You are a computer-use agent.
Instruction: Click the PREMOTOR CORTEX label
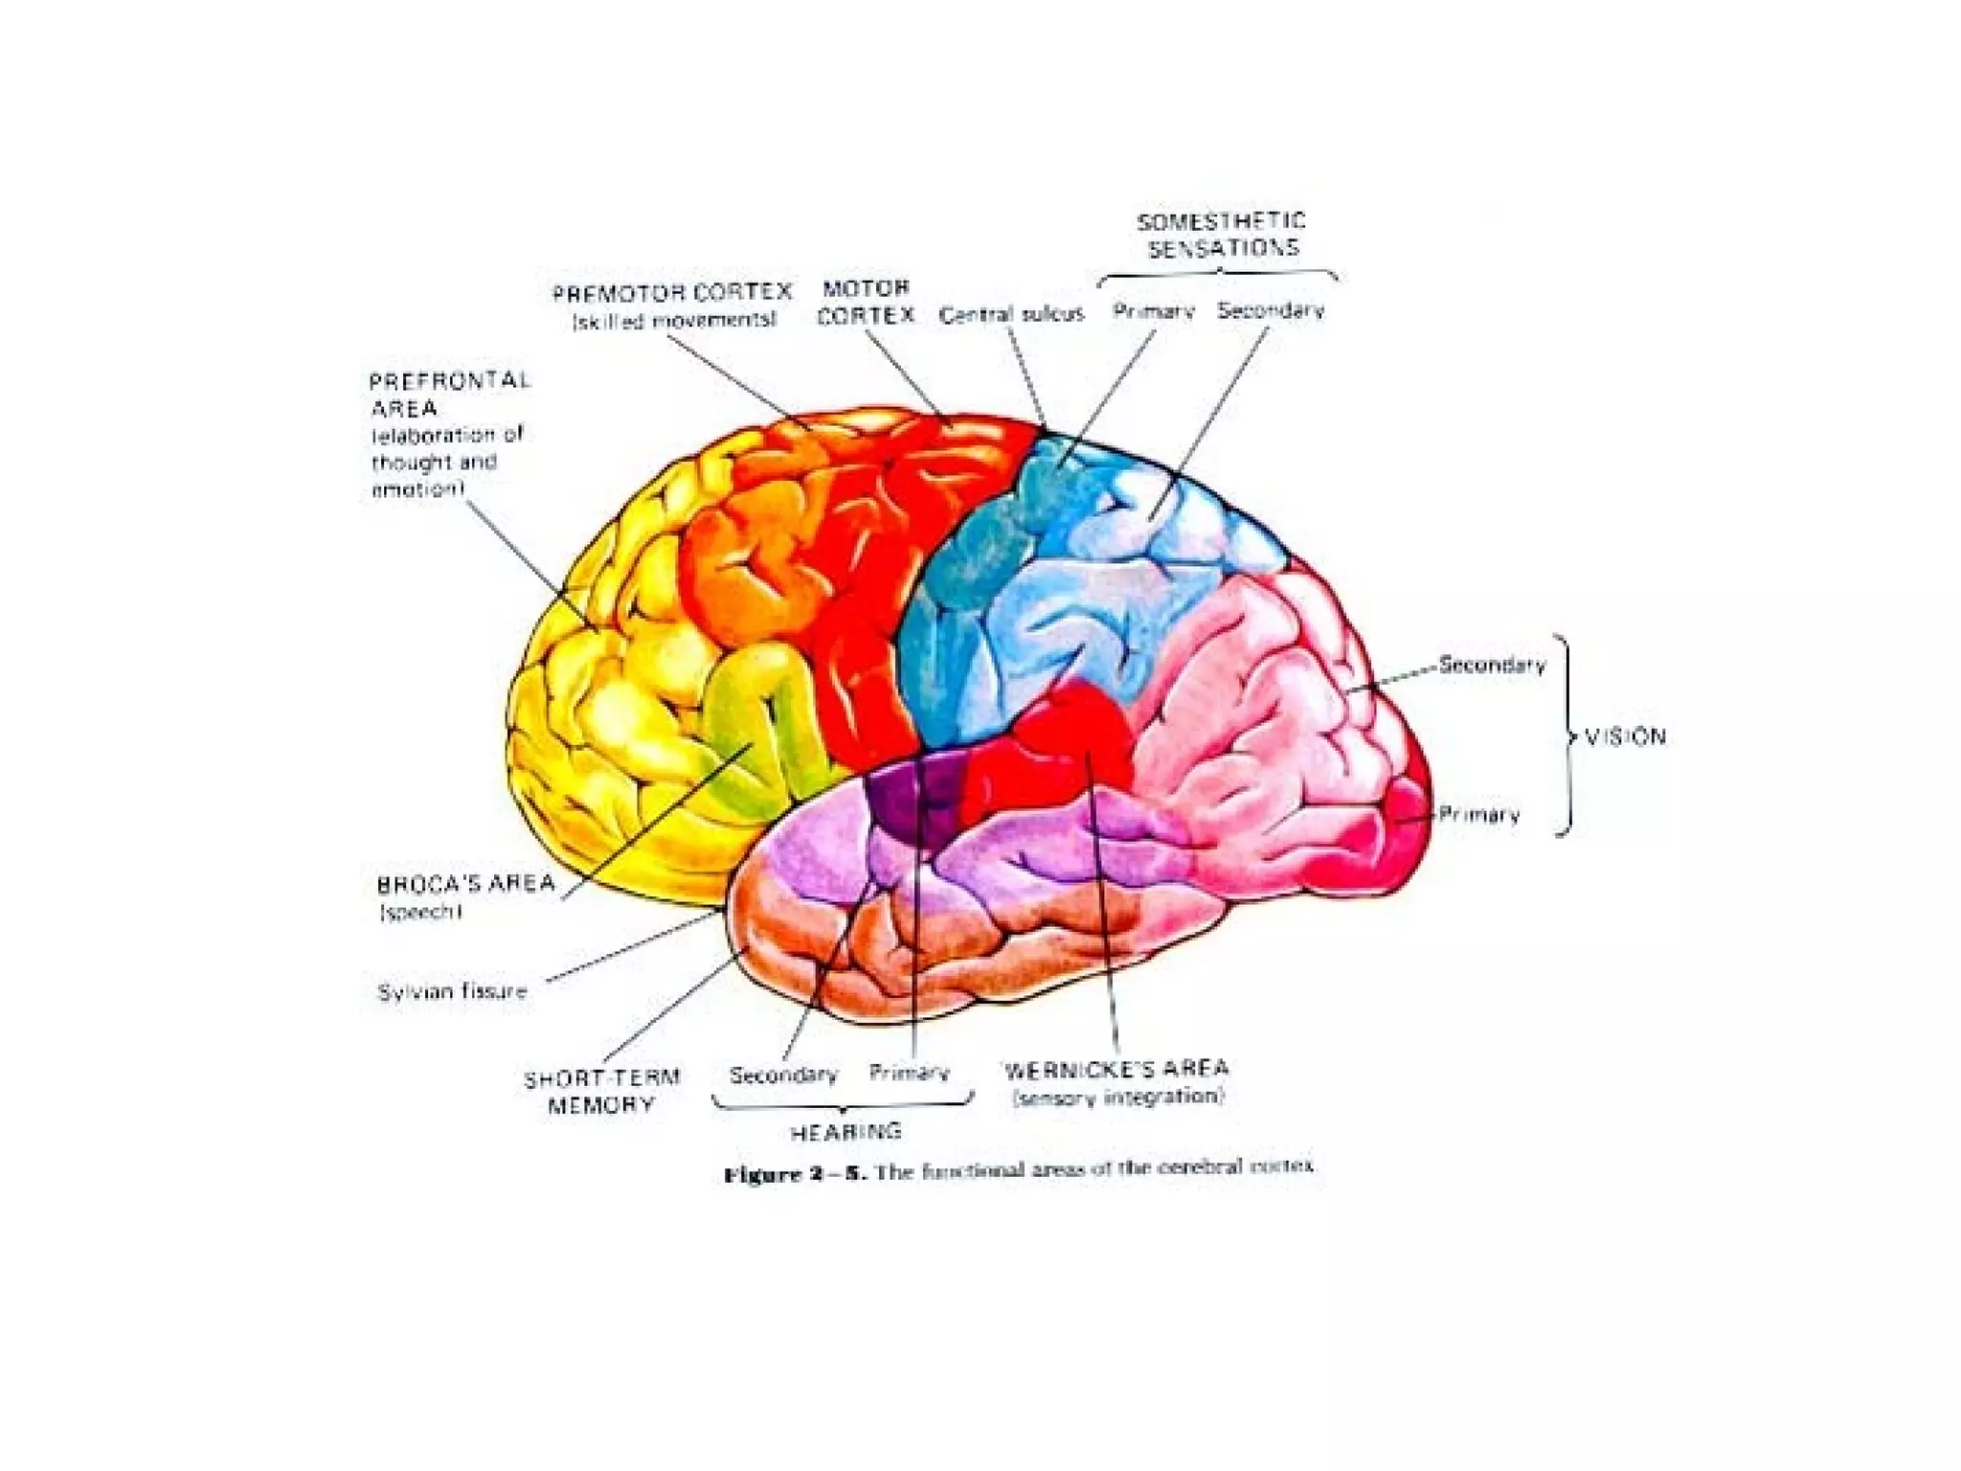coord(672,293)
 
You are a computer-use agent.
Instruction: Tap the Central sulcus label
coord(1011,314)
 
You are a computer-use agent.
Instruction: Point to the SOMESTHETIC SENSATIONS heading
coord(1222,235)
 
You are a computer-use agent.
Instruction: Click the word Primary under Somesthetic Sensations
coord(1153,311)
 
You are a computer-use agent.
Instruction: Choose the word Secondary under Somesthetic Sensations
coord(1271,310)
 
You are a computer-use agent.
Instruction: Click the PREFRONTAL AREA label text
coord(448,394)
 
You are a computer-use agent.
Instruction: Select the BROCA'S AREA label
coord(466,884)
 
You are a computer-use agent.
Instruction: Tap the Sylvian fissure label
coord(452,991)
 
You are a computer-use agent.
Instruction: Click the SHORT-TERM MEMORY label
coord(601,1091)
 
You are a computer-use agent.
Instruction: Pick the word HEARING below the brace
coord(845,1132)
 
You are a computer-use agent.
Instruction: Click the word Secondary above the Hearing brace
coord(783,1075)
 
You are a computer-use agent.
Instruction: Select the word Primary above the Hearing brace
coord(909,1073)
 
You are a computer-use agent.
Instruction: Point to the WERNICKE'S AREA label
coord(1116,1070)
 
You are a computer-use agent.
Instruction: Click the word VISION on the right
coord(1625,736)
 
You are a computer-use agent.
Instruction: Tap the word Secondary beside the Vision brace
coord(1492,665)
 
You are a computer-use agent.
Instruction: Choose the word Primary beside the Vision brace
coord(1478,815)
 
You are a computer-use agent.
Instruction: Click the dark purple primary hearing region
coord(910,804)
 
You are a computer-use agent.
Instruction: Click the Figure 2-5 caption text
coord(1019,1171)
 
